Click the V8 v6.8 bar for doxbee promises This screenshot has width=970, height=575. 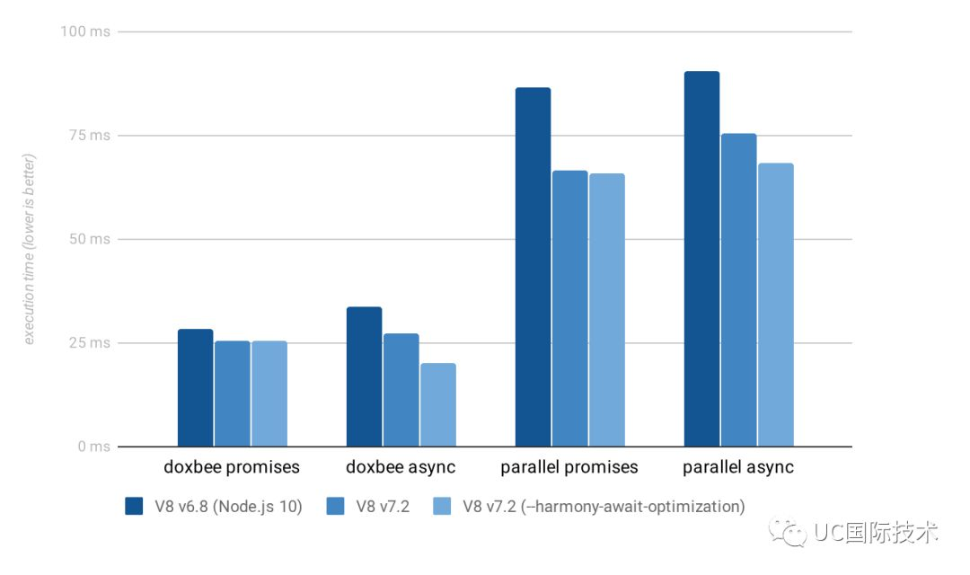tap(195, 388)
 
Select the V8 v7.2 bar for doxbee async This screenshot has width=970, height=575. tap(401, 390)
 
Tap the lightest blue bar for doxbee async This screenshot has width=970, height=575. tap(437, 404)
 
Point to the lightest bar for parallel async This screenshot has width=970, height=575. tap(775, 305)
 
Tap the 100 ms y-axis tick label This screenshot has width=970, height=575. tap(85, 31)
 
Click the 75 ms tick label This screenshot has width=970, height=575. tap(89, 136)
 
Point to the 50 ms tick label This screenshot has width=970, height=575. tap(89, 239)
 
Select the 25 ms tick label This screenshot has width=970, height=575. tap(89, 343)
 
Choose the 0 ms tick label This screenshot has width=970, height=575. tap(93, 447)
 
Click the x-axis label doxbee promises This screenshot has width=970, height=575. tap(232, 467)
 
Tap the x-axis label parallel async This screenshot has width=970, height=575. tap(738, 467)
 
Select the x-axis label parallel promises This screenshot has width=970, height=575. tap(569, 467)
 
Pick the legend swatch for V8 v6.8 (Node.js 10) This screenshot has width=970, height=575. tap(135, 506)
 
